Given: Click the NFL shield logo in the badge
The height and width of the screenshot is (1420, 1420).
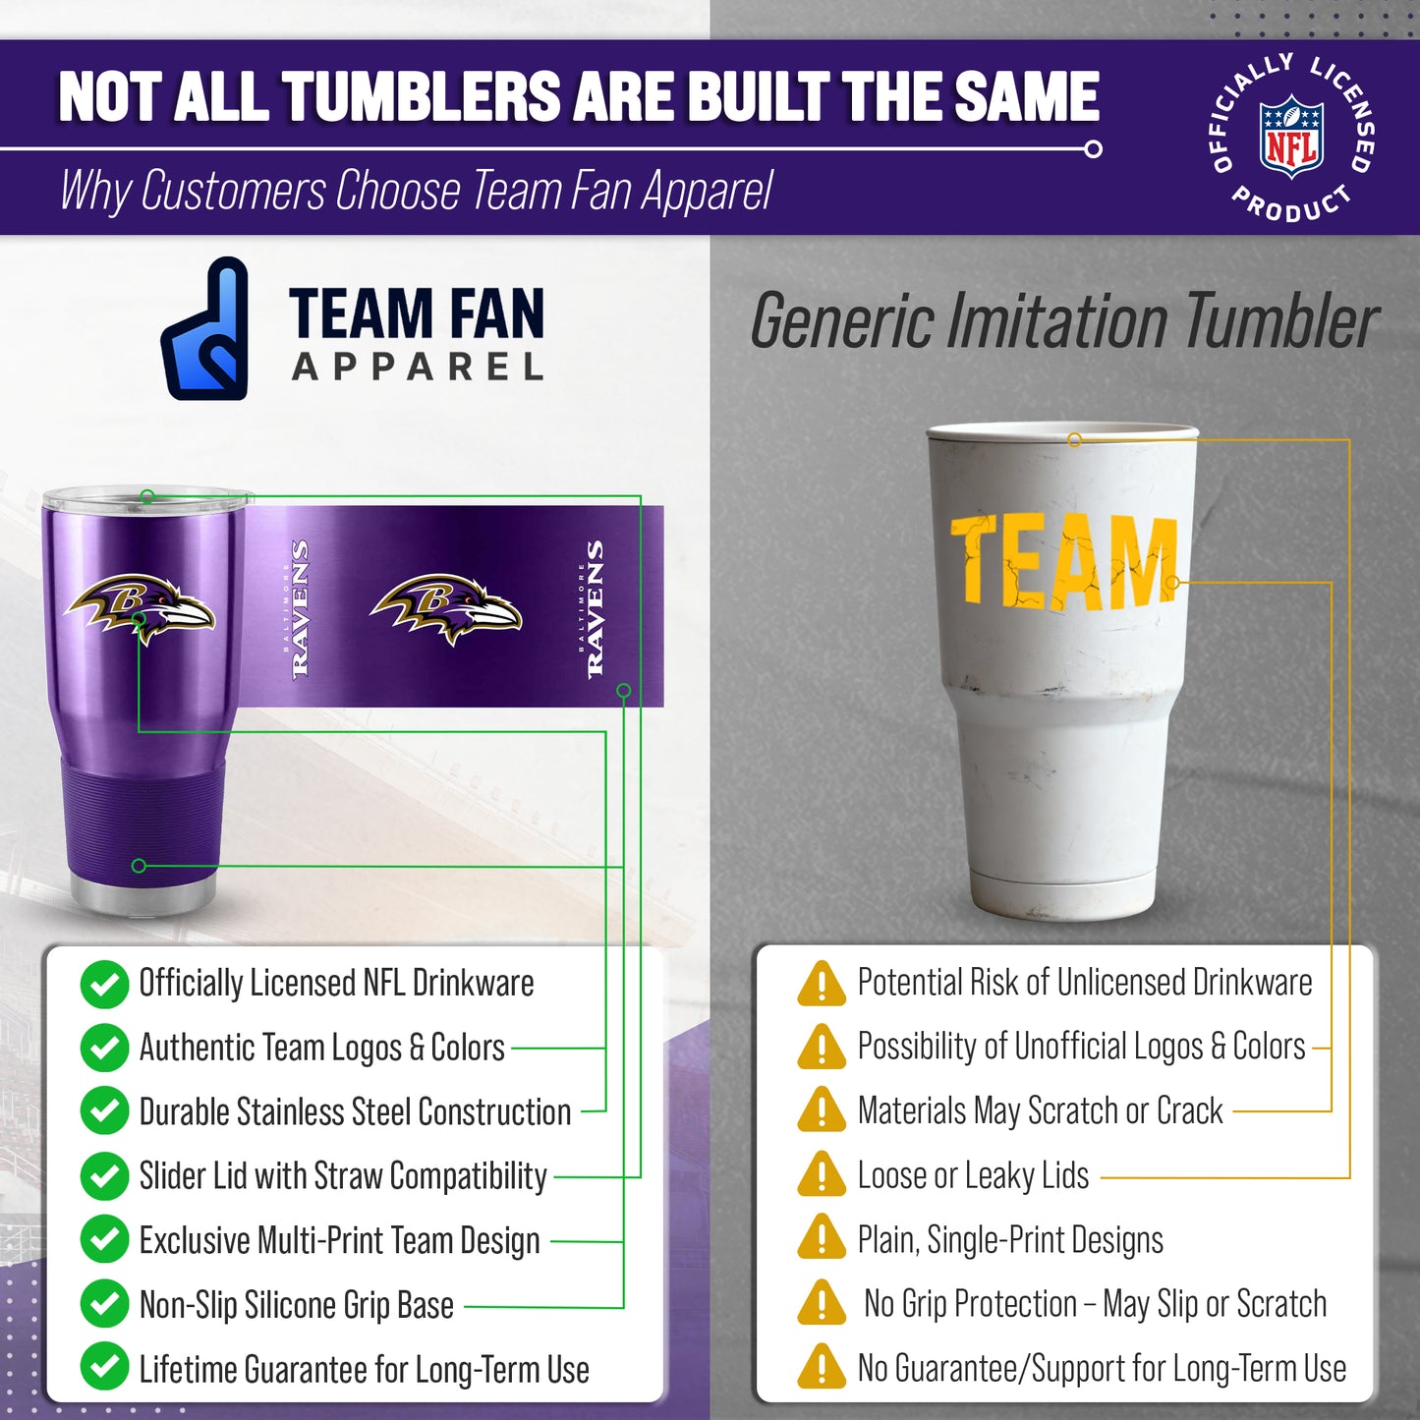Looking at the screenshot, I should [x=1291, y=137].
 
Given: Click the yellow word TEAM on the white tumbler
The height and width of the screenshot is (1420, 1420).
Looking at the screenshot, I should [x=1063, y=560].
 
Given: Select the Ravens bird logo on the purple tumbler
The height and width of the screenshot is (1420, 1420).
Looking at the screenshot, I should [x=140, y=605].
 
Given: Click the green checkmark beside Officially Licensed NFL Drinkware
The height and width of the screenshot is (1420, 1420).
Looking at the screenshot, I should [x=104, y=985].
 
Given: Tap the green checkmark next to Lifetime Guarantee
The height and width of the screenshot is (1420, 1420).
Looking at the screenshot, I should [x=104, y=1368].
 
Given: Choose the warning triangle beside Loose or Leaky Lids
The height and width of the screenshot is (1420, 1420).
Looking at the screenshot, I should [x=822, y=1174].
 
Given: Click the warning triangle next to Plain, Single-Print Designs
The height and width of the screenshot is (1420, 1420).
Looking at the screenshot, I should [x=822, y=1238].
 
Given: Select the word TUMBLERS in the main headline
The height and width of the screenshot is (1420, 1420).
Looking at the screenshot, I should [x=424, y=97].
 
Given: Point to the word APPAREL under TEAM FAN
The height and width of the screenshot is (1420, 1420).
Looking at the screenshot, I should [x=418, y=368].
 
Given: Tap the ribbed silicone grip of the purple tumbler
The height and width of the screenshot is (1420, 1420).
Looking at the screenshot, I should [x=143, y=821].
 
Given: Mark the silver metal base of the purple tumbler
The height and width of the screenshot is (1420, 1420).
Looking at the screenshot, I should [x=143, y=895].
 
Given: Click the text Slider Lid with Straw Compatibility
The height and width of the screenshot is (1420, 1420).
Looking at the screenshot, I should [x=343, y=1176].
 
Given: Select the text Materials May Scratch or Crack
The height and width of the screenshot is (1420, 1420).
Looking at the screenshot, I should [x=1040, y=1111].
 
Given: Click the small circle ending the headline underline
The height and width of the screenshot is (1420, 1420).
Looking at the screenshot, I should [x=1093, y=149].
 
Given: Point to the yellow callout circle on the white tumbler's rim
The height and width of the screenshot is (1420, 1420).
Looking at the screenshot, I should [x=1075, y=439].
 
